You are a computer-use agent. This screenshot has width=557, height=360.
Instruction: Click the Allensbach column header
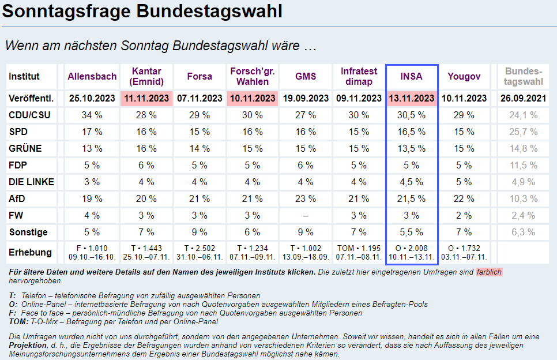pos(92,76)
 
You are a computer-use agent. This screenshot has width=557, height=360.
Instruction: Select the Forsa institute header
pos(200,76)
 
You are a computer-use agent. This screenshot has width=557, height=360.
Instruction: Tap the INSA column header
pos(412,76)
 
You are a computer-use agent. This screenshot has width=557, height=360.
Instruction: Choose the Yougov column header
pos(464,76)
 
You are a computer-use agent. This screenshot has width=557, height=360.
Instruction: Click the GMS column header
pos(306,76)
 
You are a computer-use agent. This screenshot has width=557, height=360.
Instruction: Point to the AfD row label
pos(17,199)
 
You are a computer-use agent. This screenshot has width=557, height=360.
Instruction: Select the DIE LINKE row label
pos(31,182)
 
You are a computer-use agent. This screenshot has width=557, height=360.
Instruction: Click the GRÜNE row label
pos(25,149)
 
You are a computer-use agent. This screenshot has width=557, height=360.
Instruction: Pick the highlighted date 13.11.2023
pos(412,99)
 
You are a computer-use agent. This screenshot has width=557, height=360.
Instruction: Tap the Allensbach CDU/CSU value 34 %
pos(92,115)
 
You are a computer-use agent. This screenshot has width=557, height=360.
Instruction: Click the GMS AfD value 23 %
pos(306,199)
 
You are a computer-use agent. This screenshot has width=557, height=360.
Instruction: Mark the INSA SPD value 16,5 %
pos(412,132)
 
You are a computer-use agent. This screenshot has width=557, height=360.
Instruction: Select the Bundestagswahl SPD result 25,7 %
pos(524,132)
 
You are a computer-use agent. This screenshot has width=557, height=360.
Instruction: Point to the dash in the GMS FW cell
pos(306,216)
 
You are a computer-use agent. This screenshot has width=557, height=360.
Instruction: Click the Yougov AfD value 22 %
pos(464,199)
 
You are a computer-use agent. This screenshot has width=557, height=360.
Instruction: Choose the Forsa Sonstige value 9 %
pos(200,232)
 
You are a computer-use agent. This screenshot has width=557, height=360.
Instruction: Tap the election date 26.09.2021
pos(524,99)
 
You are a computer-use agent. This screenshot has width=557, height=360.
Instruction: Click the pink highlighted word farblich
pos(489,272)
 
